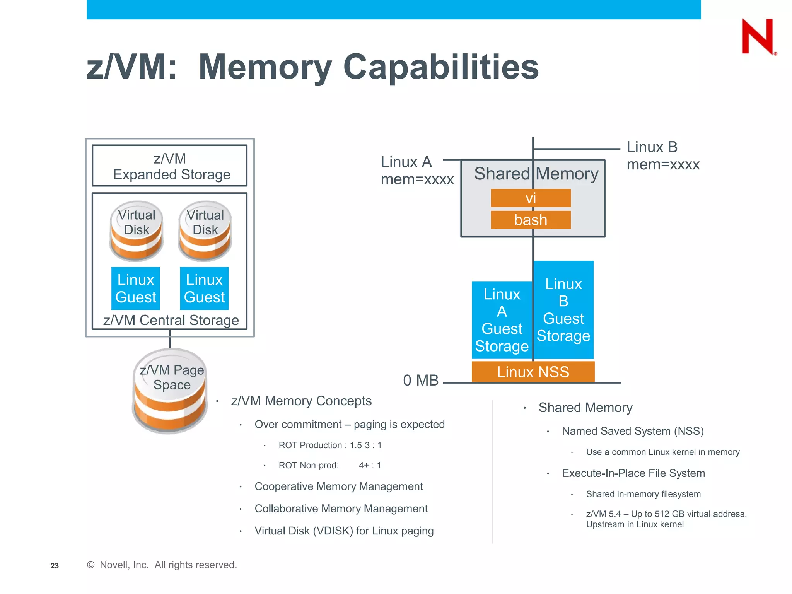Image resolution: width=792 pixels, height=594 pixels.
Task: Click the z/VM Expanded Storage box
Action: coord(169,166)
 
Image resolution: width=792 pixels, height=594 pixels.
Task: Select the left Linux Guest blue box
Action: coord(136,288)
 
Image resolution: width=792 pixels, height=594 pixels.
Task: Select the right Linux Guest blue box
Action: coord(204,288)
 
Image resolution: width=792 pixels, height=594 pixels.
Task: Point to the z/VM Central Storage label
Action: coord(171,320)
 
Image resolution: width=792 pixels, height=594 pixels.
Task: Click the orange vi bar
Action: coord(531,198)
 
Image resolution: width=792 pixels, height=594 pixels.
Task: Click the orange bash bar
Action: coord(531,220)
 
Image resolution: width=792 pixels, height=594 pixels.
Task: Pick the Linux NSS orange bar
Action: coord(533,372)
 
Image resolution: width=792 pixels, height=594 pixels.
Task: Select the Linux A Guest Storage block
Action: coord(502,320)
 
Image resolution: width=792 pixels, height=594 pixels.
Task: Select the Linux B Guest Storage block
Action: coord(563,310)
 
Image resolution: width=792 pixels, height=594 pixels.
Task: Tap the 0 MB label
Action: coord(420,380)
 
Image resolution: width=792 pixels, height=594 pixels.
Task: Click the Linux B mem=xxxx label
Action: coord(662,156)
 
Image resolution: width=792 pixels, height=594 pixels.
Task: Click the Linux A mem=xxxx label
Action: coord(416,171)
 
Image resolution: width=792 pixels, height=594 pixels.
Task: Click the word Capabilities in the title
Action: coord(440,67)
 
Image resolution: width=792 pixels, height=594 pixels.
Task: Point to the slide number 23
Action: coord(55,566)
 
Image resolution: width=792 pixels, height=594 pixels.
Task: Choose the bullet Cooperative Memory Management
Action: coord(338,486)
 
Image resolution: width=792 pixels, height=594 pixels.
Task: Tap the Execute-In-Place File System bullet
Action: coord(633,473)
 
